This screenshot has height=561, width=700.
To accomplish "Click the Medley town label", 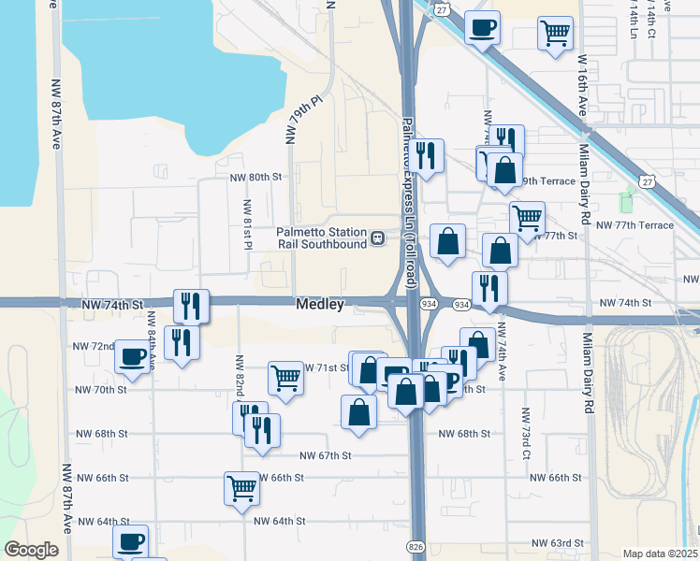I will coord(320,304).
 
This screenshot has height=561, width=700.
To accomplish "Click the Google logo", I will coord(31,550).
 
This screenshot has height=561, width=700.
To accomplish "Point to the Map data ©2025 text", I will coord(660,554).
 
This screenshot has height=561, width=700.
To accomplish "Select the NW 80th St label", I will coord(255,176).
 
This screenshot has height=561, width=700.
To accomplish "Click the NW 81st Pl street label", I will coord(248,224).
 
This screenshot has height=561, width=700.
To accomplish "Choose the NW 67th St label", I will coord(325,455).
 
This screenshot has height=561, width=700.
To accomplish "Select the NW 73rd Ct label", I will coord(527,433).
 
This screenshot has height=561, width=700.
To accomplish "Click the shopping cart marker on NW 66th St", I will coord(241,487).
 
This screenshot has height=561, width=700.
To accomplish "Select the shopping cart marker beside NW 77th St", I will coord(527,218).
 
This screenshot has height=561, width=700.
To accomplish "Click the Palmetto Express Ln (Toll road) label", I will coord(409,202).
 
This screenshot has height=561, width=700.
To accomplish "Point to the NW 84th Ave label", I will coord(153,341).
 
